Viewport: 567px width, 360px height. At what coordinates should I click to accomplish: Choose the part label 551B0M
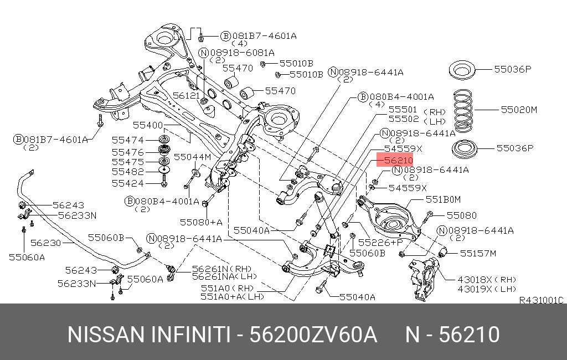pyautogui.click(x=443, y=198)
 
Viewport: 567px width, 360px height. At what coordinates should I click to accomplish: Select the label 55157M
pyautogui.click(x=480, y=253)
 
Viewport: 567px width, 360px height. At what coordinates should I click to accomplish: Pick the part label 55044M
pyautogui.click(x=193, y=157)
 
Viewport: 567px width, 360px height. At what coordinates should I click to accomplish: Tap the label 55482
pyautogui.click(x=128, y=172)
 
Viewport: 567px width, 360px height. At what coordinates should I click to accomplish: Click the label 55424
pyautogui.click(x=128, y=183)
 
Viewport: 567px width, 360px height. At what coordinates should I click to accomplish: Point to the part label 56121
pyautogui.click(x=185, y=95)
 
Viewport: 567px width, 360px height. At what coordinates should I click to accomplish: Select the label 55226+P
pyautogui.click(x=381, y=243)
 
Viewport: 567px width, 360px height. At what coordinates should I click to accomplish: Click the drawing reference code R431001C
pyautogui.click(x=540, y=300)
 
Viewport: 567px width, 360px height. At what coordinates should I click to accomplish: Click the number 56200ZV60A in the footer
pyautogui.click(x=314, y=335)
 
